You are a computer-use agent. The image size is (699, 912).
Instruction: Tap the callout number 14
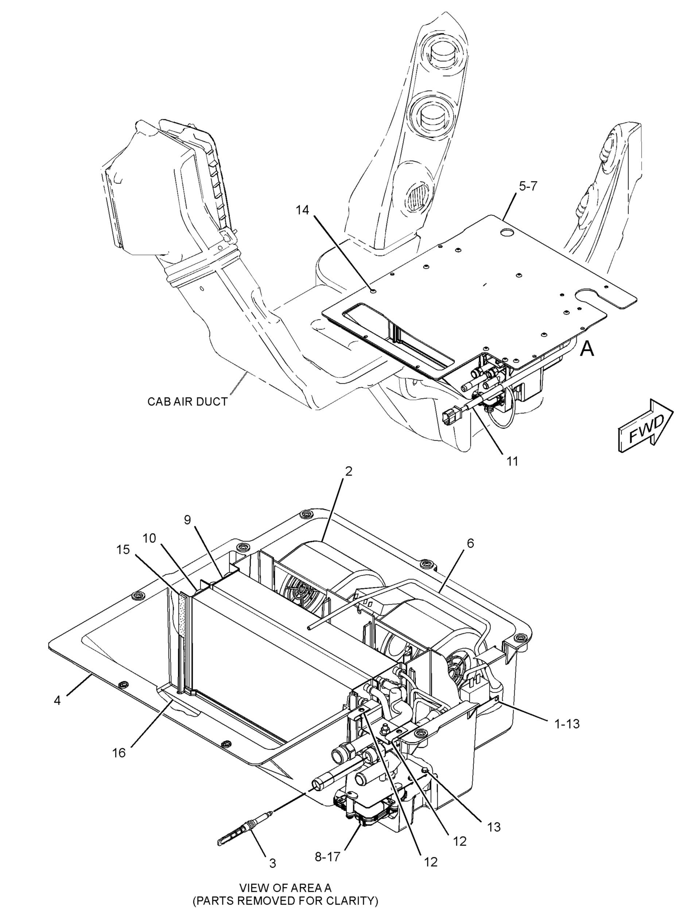click(303, 210)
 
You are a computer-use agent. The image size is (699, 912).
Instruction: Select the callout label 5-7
click(528, 186)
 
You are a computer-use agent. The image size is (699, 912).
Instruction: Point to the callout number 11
click(512, 461)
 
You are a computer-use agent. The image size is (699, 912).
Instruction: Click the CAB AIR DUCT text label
click(188, 402)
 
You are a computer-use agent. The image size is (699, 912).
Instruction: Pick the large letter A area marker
click(587, 349)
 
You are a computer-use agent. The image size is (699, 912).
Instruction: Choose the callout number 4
click(57, 701)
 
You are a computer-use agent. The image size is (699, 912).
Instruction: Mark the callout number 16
click(119, 753)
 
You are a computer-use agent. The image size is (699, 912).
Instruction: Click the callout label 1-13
click(567, 724)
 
